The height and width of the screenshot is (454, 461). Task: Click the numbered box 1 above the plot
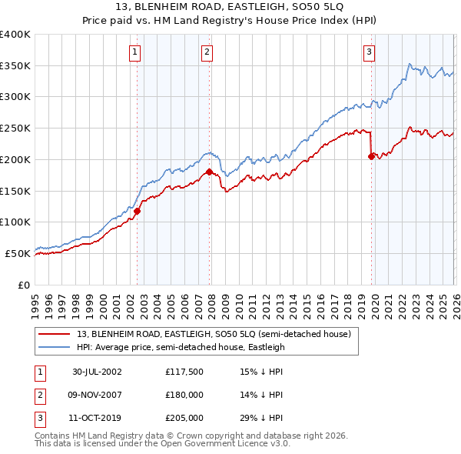134,52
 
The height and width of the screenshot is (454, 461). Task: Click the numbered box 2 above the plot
207,52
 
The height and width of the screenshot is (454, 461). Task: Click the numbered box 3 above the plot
369,52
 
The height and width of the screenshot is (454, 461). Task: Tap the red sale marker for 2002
138,211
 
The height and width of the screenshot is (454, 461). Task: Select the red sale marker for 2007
209,172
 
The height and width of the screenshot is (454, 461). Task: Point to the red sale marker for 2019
371,156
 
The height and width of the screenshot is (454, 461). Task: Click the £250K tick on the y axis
15,128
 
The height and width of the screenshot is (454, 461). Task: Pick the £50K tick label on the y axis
18,253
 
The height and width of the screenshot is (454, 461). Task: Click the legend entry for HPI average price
181,347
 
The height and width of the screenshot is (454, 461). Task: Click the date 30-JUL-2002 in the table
97,372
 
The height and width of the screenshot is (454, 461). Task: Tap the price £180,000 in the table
184,395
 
